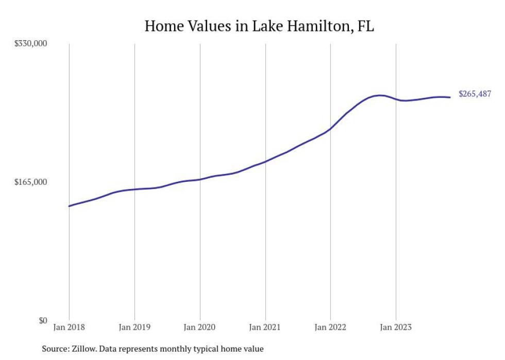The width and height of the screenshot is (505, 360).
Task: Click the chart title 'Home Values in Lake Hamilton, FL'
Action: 259,26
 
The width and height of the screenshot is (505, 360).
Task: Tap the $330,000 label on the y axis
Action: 30,44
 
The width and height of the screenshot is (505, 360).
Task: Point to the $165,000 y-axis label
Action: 30,182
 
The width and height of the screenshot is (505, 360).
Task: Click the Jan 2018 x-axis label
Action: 69,327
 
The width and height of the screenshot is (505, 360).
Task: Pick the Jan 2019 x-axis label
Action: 134,327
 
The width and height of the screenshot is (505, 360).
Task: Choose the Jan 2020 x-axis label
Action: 200,327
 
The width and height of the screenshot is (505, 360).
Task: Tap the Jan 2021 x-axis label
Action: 265,327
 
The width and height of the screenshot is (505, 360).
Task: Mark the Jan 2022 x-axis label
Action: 330,327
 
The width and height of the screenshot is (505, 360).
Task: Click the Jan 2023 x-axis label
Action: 396,327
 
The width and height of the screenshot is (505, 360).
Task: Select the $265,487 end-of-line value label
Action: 475,94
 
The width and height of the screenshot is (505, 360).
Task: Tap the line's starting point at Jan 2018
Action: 69,206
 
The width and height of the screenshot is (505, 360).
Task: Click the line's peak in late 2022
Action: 380,95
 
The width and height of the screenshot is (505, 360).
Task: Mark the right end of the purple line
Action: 450,97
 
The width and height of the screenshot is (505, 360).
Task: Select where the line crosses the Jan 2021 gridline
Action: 265,162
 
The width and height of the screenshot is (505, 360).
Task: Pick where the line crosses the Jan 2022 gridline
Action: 330,129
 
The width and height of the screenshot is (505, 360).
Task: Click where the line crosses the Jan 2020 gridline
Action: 200,179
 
